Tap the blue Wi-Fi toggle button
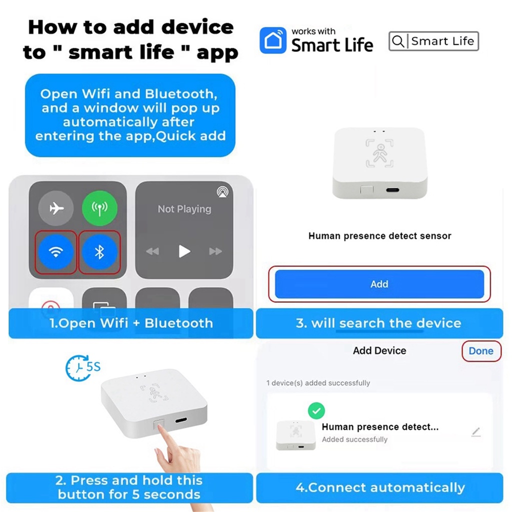point(55,252)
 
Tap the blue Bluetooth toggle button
point(99,252)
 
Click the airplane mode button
point(56,207)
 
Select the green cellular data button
point(99,207)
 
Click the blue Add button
point(379,284)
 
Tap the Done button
point(481,351)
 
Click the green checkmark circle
point(316,411)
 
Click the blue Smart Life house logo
point(272,40)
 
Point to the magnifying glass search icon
point(398,41)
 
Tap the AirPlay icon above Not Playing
point(221,191)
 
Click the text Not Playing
point(184,209)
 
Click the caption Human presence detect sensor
point(379,236)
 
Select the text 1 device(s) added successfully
point(318,383)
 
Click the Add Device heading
point(379,351)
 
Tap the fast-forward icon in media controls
point(215,251)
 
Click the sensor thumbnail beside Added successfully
point(296,435)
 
